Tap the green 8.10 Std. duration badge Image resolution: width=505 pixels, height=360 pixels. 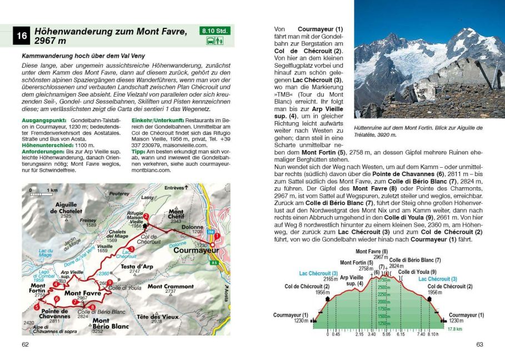pyautogui.click(x=212, y=31)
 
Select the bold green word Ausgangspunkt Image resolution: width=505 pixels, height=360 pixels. pyautogui.click(x=39, y=120)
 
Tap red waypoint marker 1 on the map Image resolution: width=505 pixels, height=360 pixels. pyautogui.click(x=217, y=236)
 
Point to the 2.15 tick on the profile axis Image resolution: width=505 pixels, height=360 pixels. pyautogui.click(x=359, y=334)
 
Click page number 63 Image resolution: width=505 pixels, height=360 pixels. pyautogui.click(x=480, y=344)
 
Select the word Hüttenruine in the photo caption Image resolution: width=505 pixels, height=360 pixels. pyautogui.click(x=367, y=128)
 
